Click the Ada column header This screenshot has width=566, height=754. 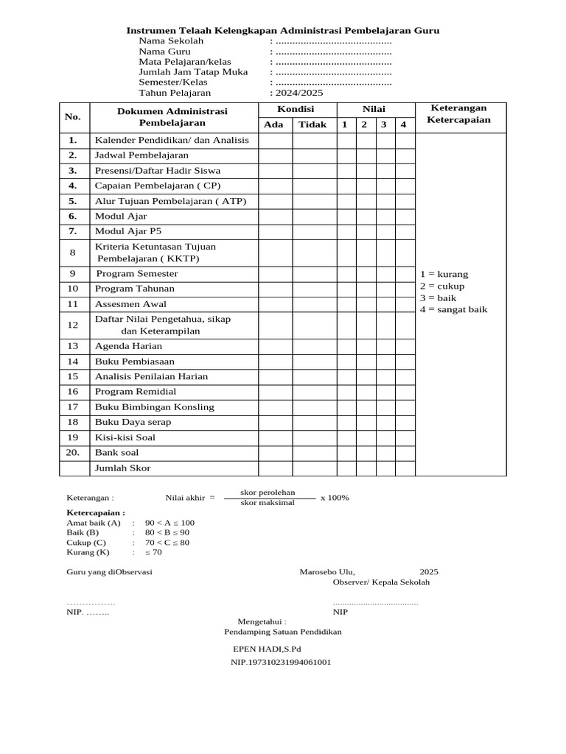(x=273, y=124)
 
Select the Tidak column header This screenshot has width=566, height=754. (x=312, y=124)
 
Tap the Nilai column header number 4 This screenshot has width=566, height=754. (x=403, y=124)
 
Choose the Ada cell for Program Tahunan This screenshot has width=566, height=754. (x=275, y=289)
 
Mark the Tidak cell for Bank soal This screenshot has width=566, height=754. (x=314, y=452)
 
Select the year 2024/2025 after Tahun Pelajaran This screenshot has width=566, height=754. (x=298, y=93)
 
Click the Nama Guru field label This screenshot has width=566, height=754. (x=165, y=52)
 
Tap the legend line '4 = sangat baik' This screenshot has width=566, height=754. (x=453, y=309)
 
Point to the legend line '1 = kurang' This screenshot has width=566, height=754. (x=444, y=274)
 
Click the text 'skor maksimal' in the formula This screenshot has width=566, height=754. (x=268, y=503)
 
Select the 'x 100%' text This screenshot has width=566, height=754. (x=335, y=498)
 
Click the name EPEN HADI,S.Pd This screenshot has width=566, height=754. (x=267, y=649)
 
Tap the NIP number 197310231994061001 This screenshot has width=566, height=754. (x=281, y=662)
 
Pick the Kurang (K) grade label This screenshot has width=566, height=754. (x=88, y=552)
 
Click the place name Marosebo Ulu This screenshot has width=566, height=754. (x=326, y=571)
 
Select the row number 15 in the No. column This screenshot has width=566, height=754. (x=73, y=376)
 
